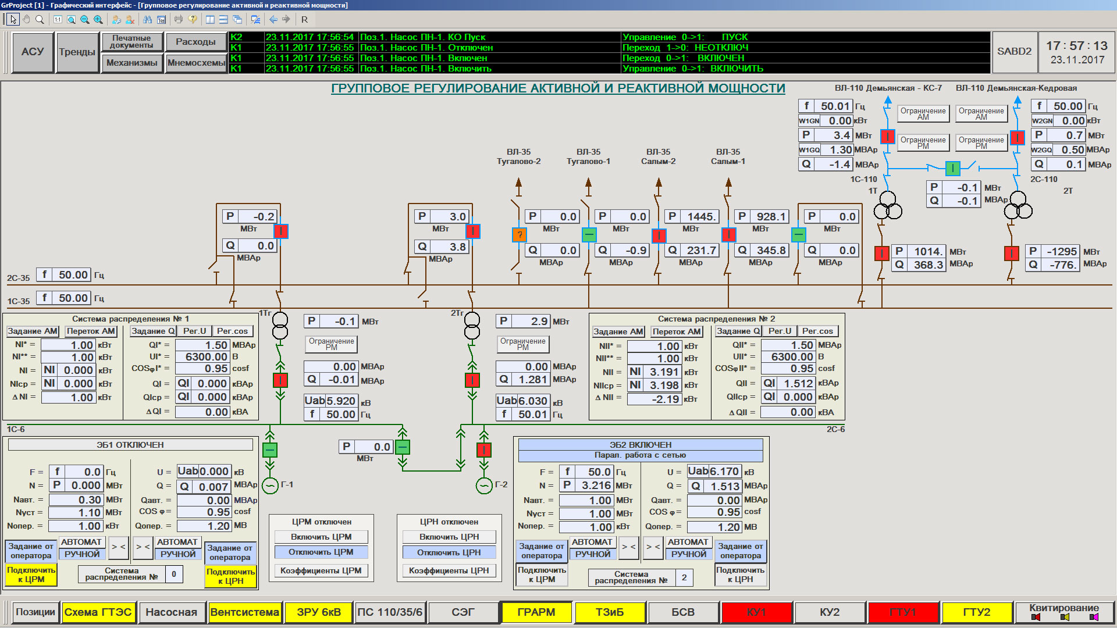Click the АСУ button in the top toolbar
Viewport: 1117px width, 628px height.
pyautogui.click(x=33, y=52)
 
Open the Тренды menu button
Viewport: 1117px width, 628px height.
pyautogui.click(x=77, y=52)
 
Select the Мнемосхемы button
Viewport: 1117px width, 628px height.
pyautogui.click(x=196, y=63)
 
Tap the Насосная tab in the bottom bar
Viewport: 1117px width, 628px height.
pyautogui.click(x=171, y=612)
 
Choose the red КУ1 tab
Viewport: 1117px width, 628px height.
pyautogui.click(x=756, y=612)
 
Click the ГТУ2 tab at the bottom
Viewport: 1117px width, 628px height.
pyautogui.click(x=976, y=612)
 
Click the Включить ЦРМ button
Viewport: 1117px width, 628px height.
pyautogui.click(x=321, y=537)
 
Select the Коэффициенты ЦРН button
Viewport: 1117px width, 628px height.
pyautogui.click(x=449, y=571)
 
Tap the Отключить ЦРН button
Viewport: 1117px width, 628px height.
pyautogui.click(x=449, y=552)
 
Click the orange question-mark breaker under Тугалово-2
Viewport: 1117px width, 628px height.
pyautogui.click(x=519, y=235)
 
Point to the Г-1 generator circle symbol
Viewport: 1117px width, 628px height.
pyautogui.click(x=270, y=486)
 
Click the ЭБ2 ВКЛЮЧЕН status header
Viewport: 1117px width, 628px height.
pyautogui.click(x=641, y=445)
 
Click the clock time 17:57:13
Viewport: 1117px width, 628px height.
pyautogui.click(x=1077, y=46)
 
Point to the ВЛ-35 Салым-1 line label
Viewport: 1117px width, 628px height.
pyautogui.click(x=728, y=156)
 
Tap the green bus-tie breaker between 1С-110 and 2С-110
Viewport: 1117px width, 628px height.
pyautogui.click(x=953, y=169)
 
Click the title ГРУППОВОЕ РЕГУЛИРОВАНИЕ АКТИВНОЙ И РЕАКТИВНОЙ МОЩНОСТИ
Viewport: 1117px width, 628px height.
pyautogui.click(x=558, y=88)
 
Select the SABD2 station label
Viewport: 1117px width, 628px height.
pyautogui.click(x=1014, y=51)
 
